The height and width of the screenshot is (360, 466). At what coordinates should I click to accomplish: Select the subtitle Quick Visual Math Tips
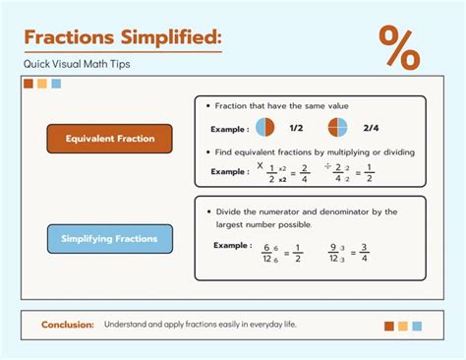click(x=77, y=64)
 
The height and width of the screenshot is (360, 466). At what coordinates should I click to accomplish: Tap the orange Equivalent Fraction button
click(x=110, y=139)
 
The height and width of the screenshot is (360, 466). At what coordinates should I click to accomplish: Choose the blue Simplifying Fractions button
click(x=110, y=239)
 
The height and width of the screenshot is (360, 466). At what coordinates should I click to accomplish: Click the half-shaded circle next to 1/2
click(x=265, y=128)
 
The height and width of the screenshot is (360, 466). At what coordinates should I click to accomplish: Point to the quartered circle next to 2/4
click(x=338, y=128)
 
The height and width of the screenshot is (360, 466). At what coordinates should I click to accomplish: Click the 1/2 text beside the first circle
click(x=296, y=129)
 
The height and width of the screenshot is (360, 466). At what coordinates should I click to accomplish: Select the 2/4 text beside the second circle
click(x=371, y=129)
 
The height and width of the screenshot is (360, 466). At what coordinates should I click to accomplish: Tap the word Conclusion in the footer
click(x=68, y=325)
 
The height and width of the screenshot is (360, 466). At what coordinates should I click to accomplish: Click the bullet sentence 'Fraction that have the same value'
click(x=280, y=105)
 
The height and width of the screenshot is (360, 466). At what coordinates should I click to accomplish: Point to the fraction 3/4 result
click(x=364, y=253)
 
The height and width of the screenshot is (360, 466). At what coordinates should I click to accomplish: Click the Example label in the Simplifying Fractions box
click(x=232, y=245)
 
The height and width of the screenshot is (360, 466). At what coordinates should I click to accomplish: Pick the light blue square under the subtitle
click(x=56, y=84)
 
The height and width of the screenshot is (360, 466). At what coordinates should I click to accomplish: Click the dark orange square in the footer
click(x=389, y=326)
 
